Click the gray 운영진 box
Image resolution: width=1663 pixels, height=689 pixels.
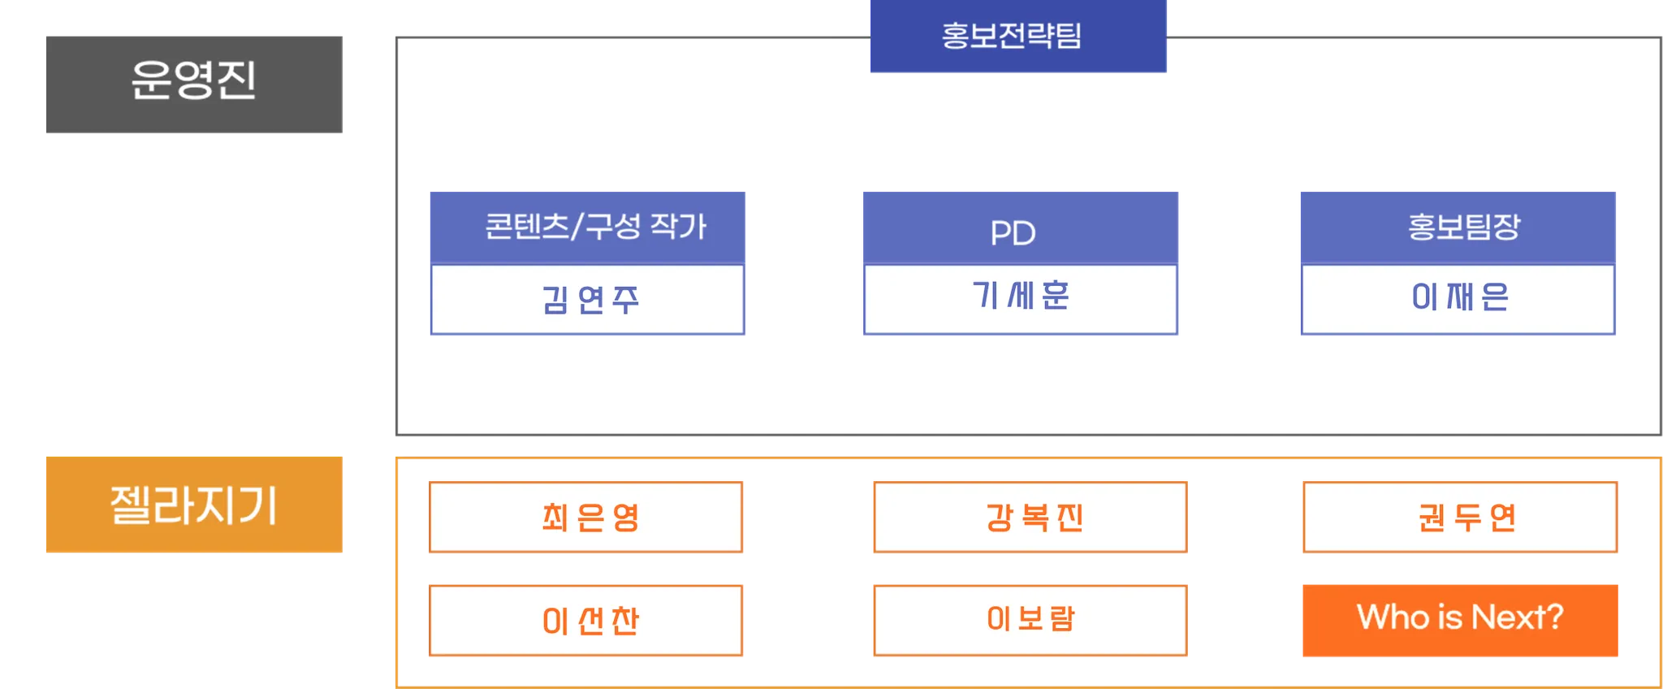pos(195,84)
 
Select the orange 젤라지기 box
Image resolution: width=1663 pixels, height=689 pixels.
pos(195,505)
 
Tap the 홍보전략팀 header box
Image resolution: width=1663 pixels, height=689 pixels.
pos(1018,37)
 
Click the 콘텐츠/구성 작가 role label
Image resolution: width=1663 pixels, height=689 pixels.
pos(595,227)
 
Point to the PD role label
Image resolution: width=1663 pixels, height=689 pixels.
pos(1013,233)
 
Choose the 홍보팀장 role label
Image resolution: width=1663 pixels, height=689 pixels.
pos(1463,227)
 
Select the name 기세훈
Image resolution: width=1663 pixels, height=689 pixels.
pos(1020,296)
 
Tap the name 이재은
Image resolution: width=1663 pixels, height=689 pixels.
pos(1459,297)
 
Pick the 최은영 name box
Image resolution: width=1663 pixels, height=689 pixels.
pos(588,517)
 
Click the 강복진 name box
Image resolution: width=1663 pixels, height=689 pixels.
pos(1029,517)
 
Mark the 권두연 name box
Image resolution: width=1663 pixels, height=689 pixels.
pos(1460,517)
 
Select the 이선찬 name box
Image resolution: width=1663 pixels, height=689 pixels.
pos(588,621)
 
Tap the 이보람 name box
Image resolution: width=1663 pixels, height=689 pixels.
pos(1029,619)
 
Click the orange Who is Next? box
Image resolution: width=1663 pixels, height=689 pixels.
pos(1460,619)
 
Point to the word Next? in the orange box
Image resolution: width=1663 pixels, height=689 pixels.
pos(1517,617)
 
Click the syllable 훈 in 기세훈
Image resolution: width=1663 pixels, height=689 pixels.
pos(1055,296)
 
